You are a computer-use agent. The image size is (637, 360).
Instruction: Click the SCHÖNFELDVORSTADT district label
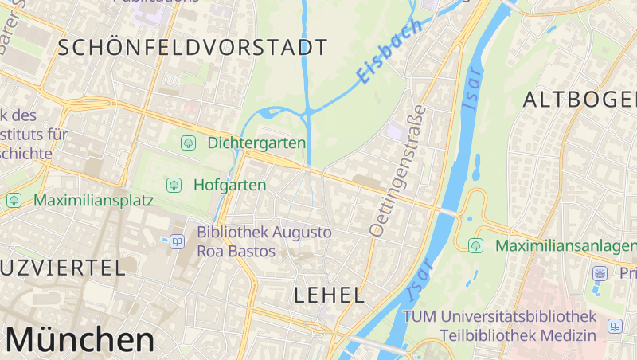coord(192,47)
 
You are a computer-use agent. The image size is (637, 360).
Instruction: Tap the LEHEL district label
coord(329,295)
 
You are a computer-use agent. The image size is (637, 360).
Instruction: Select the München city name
coord(80,340)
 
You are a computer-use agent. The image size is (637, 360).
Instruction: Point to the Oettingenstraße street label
coord(399,170)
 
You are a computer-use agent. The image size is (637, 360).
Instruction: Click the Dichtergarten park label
coord(256,143)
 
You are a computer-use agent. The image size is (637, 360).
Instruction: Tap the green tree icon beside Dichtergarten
coord(189,143)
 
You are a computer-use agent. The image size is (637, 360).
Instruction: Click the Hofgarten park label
coord(229,185)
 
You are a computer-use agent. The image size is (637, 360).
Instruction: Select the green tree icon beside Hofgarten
coord(173,185)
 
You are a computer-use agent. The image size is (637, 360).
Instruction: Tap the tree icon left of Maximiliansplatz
coord(14,200)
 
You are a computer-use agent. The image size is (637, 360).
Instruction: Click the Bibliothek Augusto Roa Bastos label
coord(264,241)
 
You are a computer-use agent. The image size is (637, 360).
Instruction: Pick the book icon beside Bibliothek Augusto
coord(177,241)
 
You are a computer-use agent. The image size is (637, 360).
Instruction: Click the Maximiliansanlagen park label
coord(565,245)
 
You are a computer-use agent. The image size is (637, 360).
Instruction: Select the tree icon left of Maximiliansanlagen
coord(476,245)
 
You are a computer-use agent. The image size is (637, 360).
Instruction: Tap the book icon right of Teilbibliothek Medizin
coord(615,326)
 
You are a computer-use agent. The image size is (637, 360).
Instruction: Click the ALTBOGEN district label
coord(580,100)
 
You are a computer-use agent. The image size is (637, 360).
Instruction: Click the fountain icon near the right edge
coord(600,273)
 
